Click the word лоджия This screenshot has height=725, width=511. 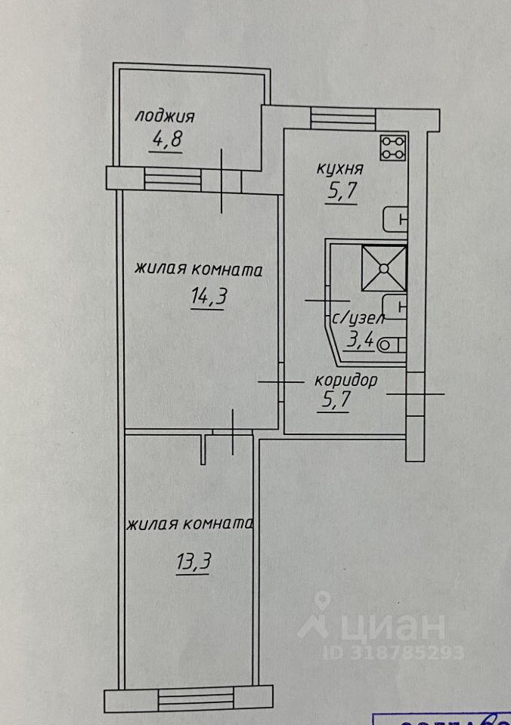click(165, 116)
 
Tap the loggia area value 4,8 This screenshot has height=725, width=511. click(168, 140)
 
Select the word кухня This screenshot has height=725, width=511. click(340, 168)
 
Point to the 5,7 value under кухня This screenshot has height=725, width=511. click(342, 192)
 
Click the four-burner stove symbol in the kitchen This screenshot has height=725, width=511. click(394, 147)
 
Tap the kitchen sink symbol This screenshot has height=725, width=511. click(395, 219)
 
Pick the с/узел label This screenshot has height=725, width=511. click(353, 319)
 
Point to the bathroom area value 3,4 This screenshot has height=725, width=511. click(359, 341)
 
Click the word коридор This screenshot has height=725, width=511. click(347, 380)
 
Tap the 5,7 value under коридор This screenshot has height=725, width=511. click(334, 401)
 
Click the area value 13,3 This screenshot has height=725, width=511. click(193, 563)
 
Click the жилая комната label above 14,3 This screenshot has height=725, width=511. click(199, 270)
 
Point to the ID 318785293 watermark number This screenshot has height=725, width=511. click(393, 652)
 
